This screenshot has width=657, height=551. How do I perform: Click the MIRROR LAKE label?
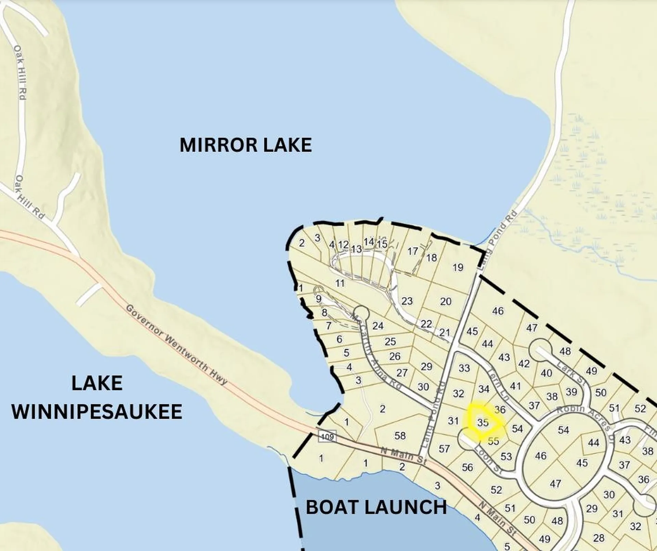pos(246,145)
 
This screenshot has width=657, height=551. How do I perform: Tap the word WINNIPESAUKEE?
pos(97,412)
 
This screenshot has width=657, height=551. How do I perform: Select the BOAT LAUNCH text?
pos(376,507)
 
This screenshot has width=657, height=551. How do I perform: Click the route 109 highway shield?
pos(327,437)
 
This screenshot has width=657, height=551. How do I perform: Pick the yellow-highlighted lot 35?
pos(483,423)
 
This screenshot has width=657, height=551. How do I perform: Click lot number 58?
pos(400,436)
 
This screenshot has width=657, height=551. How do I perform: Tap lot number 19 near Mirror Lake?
pos(458,267)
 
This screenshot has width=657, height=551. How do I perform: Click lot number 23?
pos(407,301)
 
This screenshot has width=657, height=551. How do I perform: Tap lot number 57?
pos(444,449)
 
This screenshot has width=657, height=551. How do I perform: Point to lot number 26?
pos(395,356)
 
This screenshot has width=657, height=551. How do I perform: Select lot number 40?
pos(546,373)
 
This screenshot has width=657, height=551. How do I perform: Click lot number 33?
pos(464,368)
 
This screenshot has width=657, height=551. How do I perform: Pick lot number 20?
pos(446,301)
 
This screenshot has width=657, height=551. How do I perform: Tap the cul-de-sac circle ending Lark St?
pos(539,349)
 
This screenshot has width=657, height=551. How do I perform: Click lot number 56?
pos(467,467)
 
